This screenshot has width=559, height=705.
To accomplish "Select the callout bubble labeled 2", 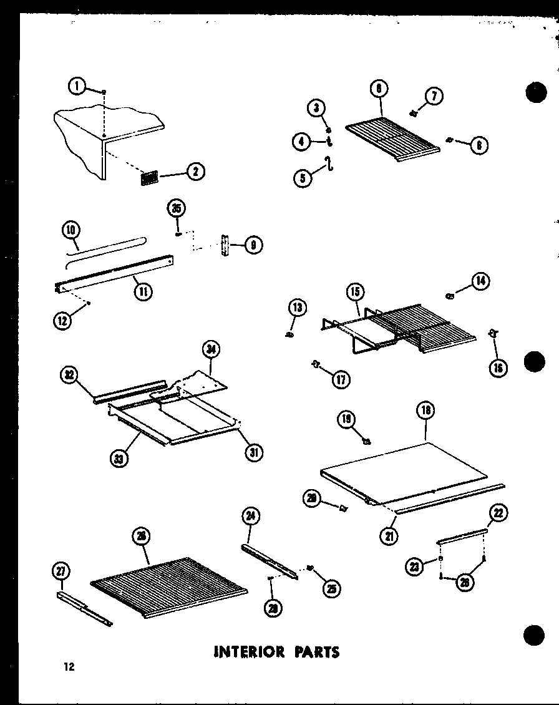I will tap(195, 172).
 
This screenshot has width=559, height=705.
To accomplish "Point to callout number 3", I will tap(317, 109).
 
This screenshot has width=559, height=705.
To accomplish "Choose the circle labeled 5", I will tap(303, 178).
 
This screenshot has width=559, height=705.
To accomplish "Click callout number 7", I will tap(434, 96).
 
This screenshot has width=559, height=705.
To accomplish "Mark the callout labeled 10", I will tap(71, 230).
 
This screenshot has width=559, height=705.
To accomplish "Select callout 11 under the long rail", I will tap(144, 290).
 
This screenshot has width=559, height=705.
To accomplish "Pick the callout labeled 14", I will tap(480, 281).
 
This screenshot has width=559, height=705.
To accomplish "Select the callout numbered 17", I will tap(341, 378).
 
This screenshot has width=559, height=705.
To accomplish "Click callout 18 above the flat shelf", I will tap(427, 411).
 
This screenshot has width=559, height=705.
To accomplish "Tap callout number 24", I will tap(251, 517).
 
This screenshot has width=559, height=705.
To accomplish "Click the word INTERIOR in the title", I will tap(241, 652).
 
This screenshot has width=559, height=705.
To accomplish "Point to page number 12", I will tap(68, 667).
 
